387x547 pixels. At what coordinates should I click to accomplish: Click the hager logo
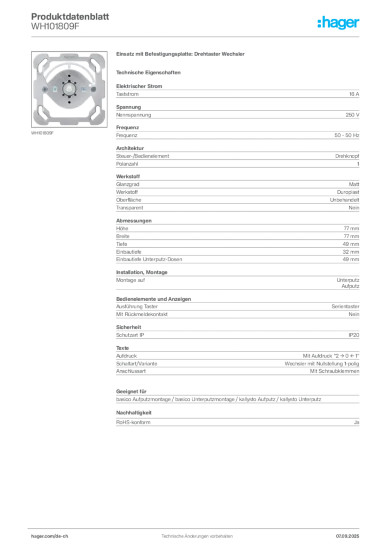(x=338, y=22)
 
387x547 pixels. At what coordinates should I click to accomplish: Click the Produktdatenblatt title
(x=70, y=17)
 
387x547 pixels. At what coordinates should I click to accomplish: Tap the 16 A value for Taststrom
(x=354, y=94)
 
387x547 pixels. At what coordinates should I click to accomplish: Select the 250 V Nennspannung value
(x=352, y=115)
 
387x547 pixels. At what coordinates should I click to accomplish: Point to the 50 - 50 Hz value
(x=346, y=135)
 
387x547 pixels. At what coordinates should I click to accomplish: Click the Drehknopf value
(x=347, y=157)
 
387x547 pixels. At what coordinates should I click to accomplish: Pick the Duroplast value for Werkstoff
(x=348, y=192)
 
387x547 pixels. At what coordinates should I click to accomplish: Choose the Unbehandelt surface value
(x=344, y=200)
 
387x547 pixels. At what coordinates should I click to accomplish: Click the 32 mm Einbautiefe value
(x=351, y=252)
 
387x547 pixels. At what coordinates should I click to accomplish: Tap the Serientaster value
(x=345, y=307)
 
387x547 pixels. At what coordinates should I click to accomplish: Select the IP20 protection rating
(x=353, y=335)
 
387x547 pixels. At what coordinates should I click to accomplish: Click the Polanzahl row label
(x=127, y=164)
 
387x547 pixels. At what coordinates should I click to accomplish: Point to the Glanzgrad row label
(x=128, y=184)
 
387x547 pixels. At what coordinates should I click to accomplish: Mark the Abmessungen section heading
(x=134, y=221)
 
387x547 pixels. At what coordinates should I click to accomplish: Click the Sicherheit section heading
(x=128, y=327)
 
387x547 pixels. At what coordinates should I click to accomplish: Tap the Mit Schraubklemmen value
(x=334, y=371)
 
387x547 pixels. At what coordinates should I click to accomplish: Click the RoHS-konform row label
(x=133, y=423)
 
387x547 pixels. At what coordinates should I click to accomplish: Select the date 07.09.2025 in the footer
(x=347, y=536)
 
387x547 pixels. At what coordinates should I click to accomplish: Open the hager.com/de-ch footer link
(x=50, y=536)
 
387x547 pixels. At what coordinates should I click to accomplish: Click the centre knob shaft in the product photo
(x=69, y=89)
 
